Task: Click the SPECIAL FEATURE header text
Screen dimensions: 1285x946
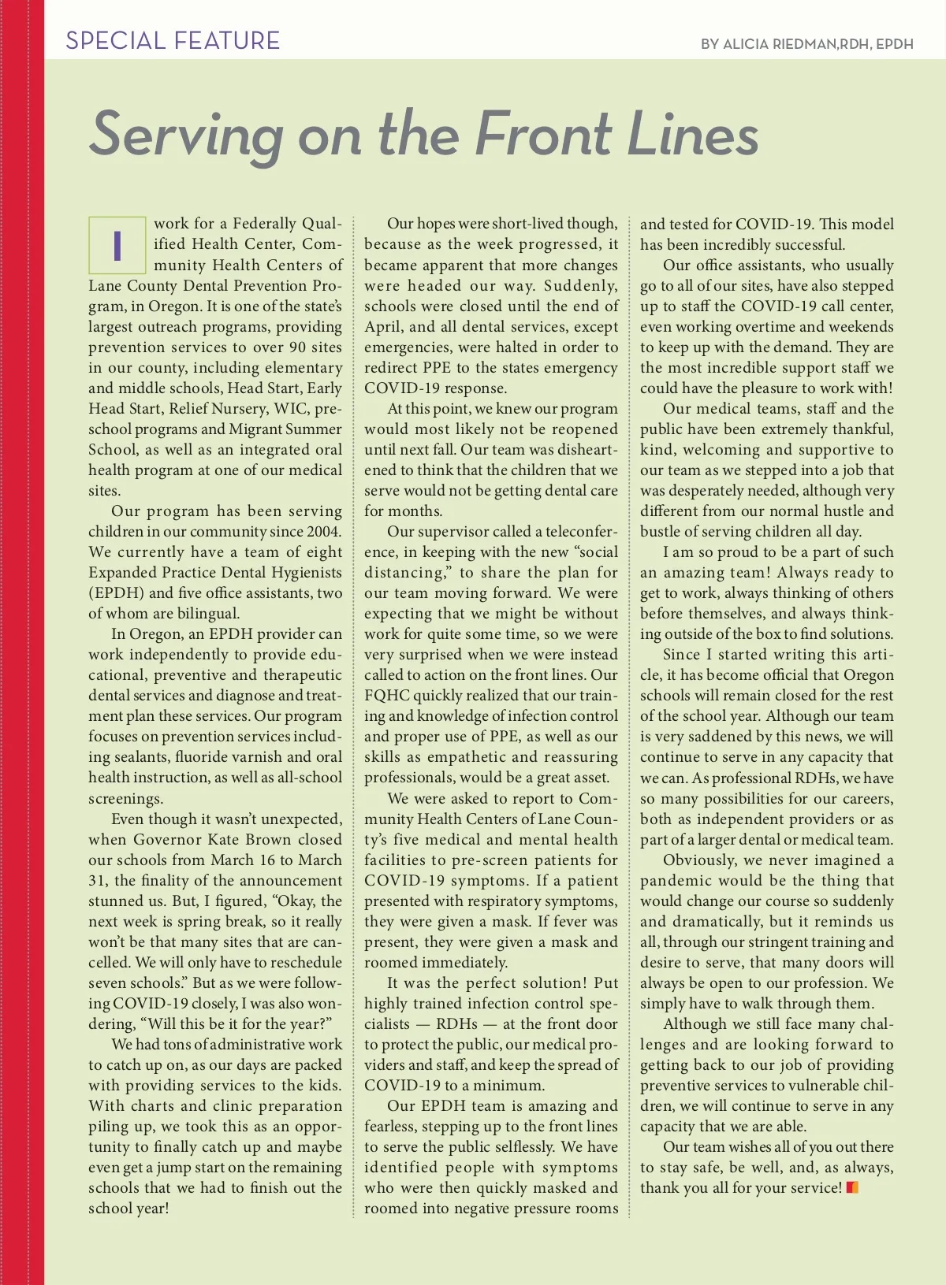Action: point(173,40)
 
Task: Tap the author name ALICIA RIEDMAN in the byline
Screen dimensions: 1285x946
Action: point(780,44)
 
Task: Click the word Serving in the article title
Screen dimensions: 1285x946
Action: point(186,135)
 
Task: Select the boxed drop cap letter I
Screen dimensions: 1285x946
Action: point(117,245)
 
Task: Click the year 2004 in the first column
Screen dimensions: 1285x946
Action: point(323,532)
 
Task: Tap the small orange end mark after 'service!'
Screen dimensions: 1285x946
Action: point(851,1187)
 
